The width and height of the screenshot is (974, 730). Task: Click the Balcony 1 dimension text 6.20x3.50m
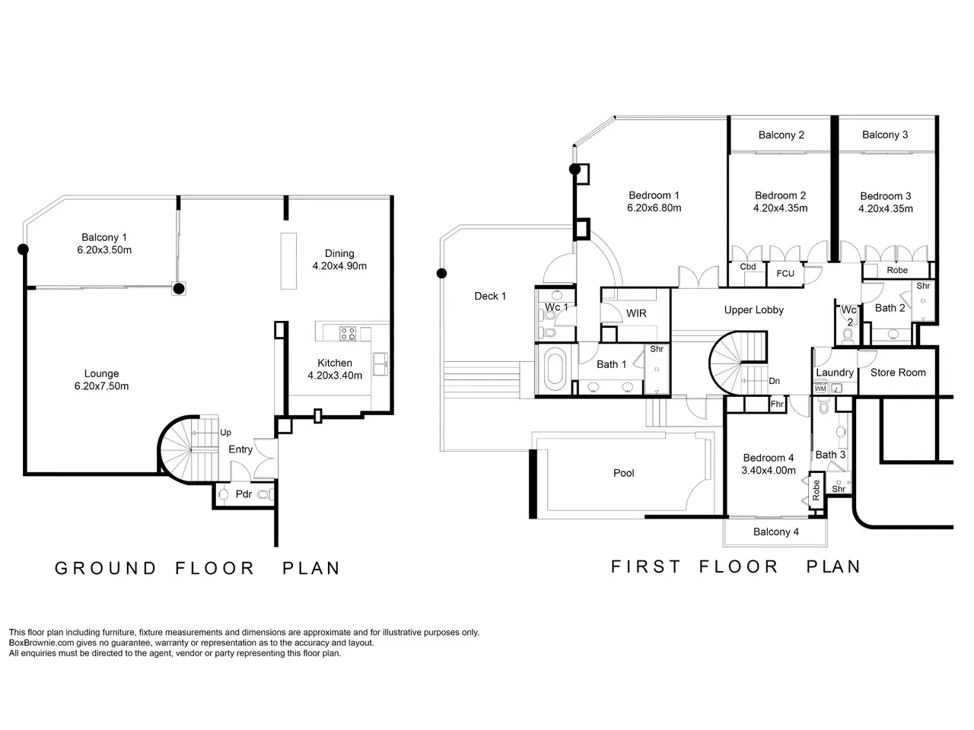[104, 250]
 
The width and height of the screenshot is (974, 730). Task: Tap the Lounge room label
[102, 373]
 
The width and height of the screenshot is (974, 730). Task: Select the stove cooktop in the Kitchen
[348, 334]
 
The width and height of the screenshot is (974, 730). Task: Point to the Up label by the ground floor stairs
[225, 432]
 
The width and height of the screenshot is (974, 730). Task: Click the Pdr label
[243, 494]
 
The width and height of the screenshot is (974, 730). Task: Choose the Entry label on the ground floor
[240, 449]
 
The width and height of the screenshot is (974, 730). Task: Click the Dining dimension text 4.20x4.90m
[339, 266]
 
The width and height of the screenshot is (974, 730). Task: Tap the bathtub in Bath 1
[554, 370]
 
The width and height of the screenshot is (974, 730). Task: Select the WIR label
[636, 313]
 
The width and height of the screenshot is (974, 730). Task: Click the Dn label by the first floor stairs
[775, 381]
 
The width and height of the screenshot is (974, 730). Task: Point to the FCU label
[785, 274]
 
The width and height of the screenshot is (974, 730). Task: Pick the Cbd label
[748, 266]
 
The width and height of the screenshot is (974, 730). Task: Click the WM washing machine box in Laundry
[820, 389]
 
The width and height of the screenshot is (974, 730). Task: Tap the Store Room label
[898, 373]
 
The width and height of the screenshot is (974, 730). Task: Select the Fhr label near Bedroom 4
[777, 404]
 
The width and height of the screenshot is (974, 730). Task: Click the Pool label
[623, 473]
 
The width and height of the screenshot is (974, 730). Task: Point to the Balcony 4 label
[776, 532]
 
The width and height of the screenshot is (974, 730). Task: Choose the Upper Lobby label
[754, 309]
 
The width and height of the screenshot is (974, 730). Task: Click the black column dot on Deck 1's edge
[441, 274]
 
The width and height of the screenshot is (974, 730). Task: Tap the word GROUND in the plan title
[106, 568]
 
